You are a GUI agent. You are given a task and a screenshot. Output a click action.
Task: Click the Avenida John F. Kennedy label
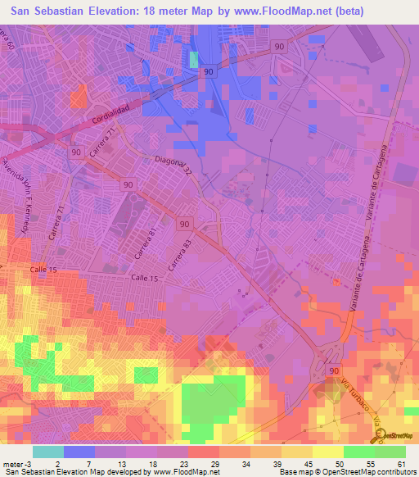[x=18, y=183]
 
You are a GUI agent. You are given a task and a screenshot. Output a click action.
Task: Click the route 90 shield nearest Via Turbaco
[x=334, y=372]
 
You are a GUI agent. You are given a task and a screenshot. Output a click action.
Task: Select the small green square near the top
[x=194, y=60]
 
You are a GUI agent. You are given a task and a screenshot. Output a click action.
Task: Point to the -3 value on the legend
[x=29, y=463]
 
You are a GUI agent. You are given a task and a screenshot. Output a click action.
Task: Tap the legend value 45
[x=304, y=463]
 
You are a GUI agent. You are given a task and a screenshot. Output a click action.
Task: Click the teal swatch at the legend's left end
[x=48, y=452]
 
